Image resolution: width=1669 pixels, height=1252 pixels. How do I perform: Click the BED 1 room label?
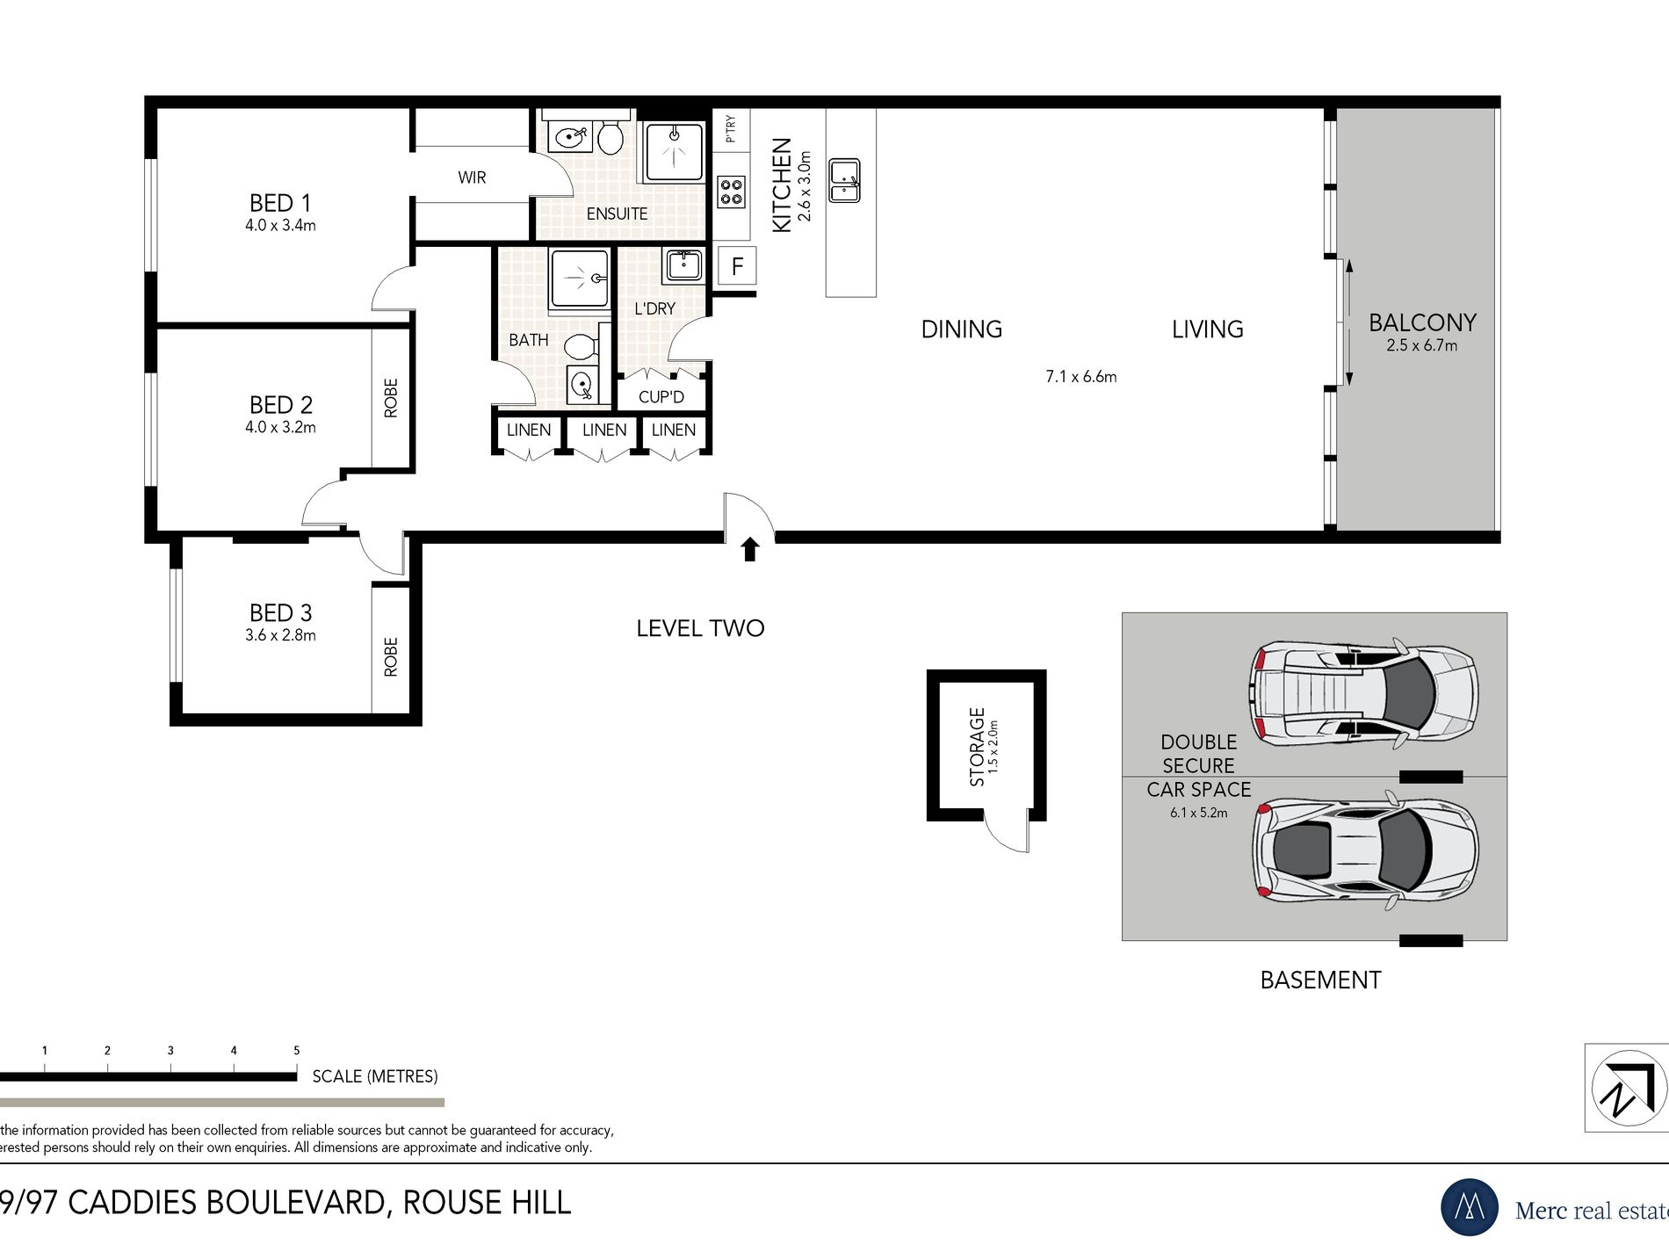[281, 203]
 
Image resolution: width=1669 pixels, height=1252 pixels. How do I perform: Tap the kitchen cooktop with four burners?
[732, 192]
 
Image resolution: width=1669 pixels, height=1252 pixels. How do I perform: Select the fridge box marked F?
[737, 265]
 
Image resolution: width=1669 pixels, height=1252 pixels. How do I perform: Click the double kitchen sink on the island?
[845, 180]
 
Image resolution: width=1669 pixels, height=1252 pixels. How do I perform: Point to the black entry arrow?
[749, 549]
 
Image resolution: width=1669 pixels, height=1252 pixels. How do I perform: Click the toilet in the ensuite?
[611, 137]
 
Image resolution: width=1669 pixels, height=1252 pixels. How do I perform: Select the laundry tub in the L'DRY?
[683, 264]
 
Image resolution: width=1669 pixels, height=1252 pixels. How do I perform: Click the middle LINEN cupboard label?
[604, 430]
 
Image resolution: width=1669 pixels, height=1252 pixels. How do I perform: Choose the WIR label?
[472, 177]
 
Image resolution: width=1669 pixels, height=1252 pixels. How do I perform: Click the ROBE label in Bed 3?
[391, 656]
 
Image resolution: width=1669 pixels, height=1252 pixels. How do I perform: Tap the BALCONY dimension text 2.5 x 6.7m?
[1421, 345]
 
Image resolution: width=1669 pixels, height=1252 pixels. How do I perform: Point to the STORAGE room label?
[977, 747]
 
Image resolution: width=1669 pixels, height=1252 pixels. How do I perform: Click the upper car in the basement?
[1363, 693]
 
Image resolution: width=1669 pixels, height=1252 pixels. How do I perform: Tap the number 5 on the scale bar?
[297, 1050]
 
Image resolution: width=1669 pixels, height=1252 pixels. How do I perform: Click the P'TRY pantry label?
[730, 129]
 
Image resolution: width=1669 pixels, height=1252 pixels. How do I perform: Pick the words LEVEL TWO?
[700, 628]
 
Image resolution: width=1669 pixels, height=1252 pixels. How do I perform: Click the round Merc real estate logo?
[1470, 1207]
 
